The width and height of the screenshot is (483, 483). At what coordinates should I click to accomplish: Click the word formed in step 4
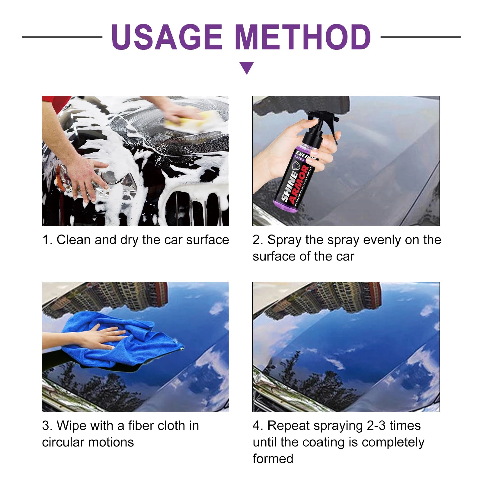(273, 459)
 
